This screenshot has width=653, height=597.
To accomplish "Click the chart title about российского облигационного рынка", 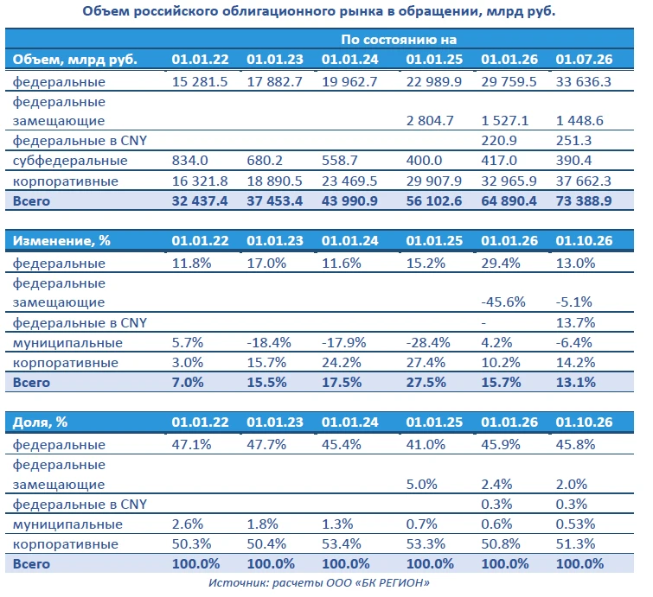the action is coord(318,11).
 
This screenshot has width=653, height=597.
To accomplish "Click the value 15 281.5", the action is coord(200,81).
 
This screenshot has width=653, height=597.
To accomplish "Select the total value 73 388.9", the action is coord(584,201).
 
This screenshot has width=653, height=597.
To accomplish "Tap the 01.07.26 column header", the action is coord(584,60).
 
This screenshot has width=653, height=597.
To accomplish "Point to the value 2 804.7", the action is coord(430,121).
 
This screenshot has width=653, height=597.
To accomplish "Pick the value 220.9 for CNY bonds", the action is coord(499,141).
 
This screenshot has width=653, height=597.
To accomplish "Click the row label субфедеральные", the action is coord(70,161).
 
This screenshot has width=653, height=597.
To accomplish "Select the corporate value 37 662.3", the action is coord(584,181).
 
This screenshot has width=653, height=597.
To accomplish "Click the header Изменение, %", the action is coord(61,241).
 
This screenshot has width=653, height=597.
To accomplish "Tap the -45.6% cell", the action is coord(503,302).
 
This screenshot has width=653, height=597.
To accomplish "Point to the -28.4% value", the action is coord(428,342).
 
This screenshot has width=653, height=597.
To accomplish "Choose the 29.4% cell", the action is coord(501,263).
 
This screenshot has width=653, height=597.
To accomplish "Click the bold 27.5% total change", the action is coord(426,383).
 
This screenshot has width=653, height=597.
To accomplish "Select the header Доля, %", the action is coord(40,422).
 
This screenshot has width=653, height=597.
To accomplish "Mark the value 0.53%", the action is coord(575,524).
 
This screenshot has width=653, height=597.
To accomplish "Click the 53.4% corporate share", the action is coord(341,543).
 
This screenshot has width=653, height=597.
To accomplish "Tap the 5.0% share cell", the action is coord(421,485).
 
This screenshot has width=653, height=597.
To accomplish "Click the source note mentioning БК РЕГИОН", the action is coord(319,583).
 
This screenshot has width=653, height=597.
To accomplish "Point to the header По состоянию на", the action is coord(399,40).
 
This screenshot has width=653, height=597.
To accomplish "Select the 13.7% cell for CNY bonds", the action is coord(575,322).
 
